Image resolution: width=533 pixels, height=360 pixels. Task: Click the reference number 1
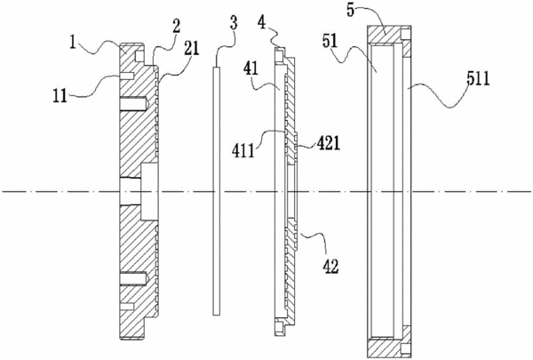pyautogui.click(x=73, y=43)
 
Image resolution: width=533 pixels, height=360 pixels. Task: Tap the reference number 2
pyautogui.click(x=177, y=26)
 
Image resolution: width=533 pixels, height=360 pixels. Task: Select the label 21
pyautogui.click(x=191, y=48)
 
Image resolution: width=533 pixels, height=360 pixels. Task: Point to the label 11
pyautogui.click(x=60, y=96)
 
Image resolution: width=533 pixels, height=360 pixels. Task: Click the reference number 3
pyautogui.click(x=234, y=22)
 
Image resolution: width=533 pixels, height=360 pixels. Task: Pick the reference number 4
pyautogui.click(x=261, y=23)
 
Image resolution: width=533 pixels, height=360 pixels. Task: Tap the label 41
pyautogui.click(x=251, y=69)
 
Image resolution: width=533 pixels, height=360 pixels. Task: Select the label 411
pyautogui.click(x=243, y=151)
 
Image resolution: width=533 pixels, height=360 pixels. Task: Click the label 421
pyautogui.click(x=329, y=144)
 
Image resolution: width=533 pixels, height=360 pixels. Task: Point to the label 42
pyautogui.click(x=330, y=267)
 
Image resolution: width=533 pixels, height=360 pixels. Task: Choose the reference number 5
pyautogui.click(x=351, y=10)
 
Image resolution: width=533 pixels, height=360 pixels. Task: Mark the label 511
pyautogui.click(x=478, y=79)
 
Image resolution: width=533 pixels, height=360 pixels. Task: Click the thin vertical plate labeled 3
pyautogui.click(x=217, y=191)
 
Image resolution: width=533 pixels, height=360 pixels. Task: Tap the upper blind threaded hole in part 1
pyautogui.click(x=133, y=103)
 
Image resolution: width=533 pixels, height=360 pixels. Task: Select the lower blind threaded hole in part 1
pyautogui.click(x=133, y=279)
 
